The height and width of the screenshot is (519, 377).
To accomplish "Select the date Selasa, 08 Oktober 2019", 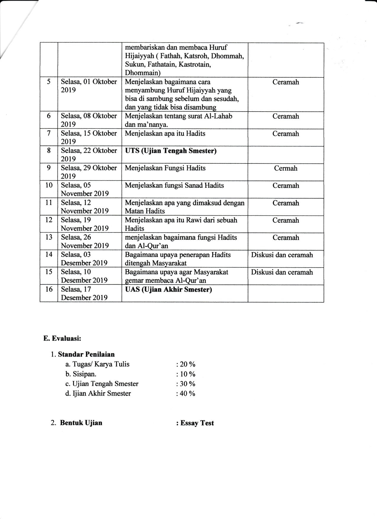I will click(x=89, y=120).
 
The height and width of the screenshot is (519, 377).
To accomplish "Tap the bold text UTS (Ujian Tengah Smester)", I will click(x=171, y=151).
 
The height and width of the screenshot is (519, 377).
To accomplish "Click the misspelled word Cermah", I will click(x=286, y=168).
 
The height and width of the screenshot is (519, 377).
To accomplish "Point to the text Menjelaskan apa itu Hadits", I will click(x=165, y=134).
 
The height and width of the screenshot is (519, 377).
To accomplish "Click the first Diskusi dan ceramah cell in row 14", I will click(x=282, y=255).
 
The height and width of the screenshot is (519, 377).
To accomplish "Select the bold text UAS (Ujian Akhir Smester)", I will click(x=168, y=289).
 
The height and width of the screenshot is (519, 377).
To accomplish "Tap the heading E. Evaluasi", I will click(x=62, y=339).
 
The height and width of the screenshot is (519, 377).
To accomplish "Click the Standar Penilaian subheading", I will click(x=86, y=354).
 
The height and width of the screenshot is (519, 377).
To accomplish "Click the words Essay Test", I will click(x=197, y=423).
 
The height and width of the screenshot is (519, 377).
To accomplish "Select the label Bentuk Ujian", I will click(x=81, y=422).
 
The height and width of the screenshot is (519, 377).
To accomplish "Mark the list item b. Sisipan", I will click(x=81, y=374).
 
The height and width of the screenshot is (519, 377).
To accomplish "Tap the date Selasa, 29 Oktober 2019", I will click(x=89, y=172).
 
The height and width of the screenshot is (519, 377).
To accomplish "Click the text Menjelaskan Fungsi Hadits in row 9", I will click(x=165, y=168).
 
